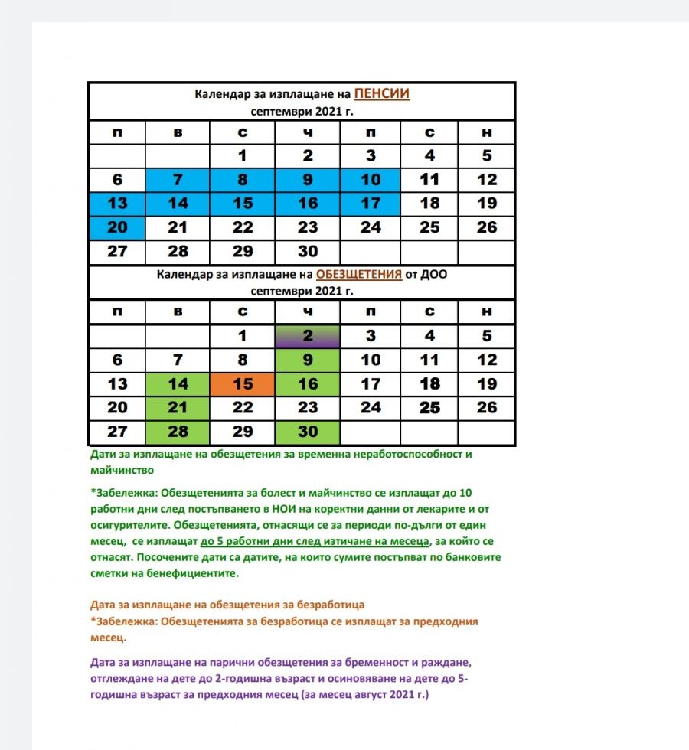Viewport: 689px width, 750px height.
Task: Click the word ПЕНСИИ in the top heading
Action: (x=381, y=94)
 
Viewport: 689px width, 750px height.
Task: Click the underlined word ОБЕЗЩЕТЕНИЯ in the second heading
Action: (x=359, y=276)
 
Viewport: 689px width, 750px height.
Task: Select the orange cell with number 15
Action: (x=243, y=384)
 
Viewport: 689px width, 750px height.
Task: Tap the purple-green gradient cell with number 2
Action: (x=308, y=335)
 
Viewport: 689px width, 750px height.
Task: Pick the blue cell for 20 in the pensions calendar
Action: (x=117, y=227)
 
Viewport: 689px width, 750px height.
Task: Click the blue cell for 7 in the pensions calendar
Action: (x=178, y=180)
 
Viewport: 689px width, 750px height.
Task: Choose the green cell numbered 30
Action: (x=308, y=432)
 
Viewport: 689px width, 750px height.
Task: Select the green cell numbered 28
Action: (x=178, y=432)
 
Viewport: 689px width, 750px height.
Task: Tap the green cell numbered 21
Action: (x=178, y=408)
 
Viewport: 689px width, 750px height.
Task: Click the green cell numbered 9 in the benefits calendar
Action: (x=308, y=360)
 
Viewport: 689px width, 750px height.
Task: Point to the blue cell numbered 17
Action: (x=371, y=204)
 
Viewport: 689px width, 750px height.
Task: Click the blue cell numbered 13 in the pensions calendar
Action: (x=117, y=204)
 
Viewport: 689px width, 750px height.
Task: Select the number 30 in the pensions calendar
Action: (x=308, y=251)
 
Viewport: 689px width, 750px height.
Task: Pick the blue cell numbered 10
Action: (x=371, y=180)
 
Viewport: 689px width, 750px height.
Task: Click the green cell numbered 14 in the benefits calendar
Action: (x=178, y=384)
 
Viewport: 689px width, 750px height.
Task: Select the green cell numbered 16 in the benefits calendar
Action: (x=308, y=384)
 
